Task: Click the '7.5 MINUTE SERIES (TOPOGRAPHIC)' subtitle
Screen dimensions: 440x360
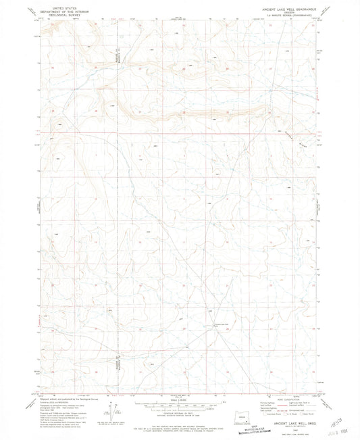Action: (283, 17)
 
